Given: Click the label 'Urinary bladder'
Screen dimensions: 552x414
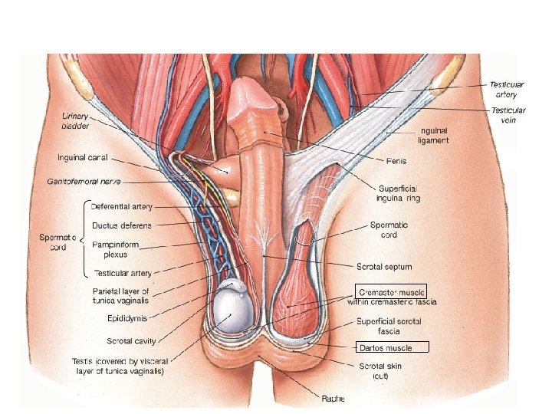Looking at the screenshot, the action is (x=76, y=120).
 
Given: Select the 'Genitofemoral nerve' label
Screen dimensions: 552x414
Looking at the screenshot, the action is (x=84, y=182).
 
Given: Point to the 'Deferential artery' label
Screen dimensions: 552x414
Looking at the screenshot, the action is (x=121, y=206).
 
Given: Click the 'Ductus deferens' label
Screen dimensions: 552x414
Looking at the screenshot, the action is (x=121, y=225).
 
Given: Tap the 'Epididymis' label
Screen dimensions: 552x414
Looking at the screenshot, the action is (x=127, y=317).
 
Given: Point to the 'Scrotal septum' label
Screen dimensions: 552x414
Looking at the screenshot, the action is (x=384, y=267).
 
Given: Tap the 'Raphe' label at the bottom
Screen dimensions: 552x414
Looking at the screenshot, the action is (x=332, y=398).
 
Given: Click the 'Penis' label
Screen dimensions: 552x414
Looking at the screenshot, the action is (x=396, y=161).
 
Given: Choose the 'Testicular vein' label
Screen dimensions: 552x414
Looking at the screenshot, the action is (x=508, y=114).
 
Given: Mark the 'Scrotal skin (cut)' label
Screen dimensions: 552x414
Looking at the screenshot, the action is (x=380, y=371).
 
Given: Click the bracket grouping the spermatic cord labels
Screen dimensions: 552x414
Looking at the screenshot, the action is (x=84, y=238).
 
